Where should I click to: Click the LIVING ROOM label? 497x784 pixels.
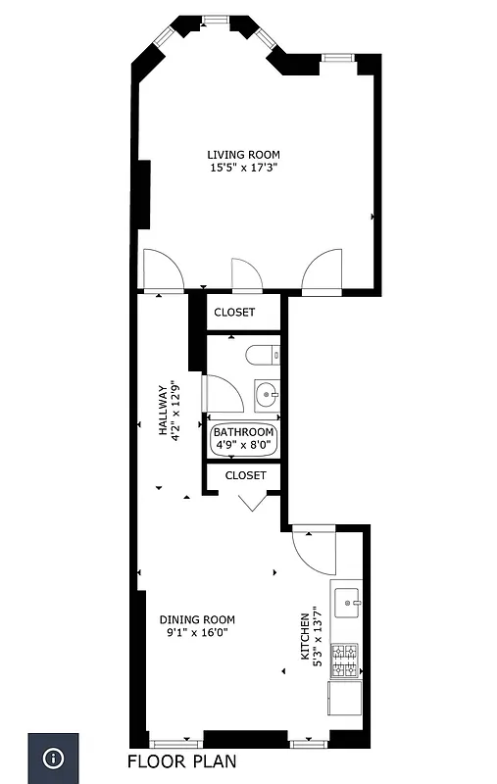pyautogui.click(x=243, y=154)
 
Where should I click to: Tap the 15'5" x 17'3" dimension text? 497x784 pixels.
pyautogui.click(x=243, y=168)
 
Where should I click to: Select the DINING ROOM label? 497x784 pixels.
pyautogui.click(x=197, y=618)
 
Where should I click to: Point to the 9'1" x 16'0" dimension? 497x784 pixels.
pyautogui.click(x=197, y=632)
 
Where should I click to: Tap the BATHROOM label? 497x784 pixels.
pyautogui.click(x=243, y=431)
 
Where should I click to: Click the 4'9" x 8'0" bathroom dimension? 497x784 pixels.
pyautogui.click(x=243, y=445)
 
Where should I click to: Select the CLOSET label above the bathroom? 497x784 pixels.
pyautogui.click(x=234, y=313)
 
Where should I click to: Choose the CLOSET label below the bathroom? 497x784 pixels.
pyautogui.click(x=245, y=475)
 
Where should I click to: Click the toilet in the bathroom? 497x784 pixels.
pyautogui.click(x=262, y=355)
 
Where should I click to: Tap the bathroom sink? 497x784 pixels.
pyautogui.click(x=266, y=395)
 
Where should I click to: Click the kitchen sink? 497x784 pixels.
pyautogui.click(x=346, y=601)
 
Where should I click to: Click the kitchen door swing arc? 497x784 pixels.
pyautogui.click(x=313, y=554)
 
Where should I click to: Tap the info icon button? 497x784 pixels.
pyautogui.click(x=53, y=759)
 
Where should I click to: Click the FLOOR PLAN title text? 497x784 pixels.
pyautogui.click(x=182, y=761)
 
